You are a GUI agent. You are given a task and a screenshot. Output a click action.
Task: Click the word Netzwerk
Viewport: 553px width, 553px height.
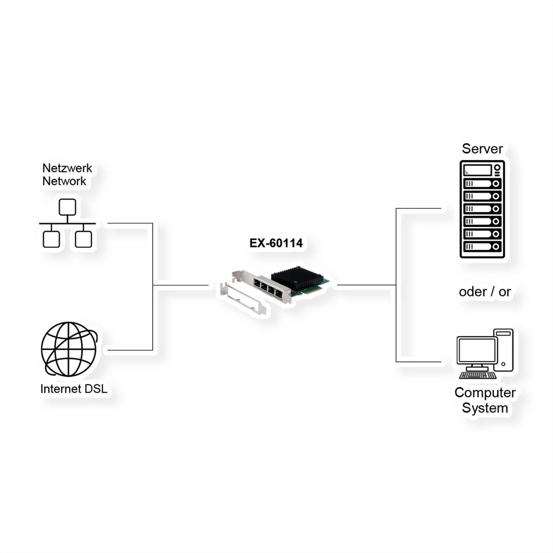tap(67, 168)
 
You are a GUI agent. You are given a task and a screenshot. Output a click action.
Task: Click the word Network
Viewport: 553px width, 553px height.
tap(64, 181)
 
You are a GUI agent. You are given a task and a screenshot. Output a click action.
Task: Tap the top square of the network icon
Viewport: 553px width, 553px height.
tap(67, 207)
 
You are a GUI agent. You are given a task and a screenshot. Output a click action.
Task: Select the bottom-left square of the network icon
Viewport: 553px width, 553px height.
tap(51, 239)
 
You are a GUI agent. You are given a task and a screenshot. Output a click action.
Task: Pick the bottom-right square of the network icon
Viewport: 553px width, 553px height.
tap(83, 239)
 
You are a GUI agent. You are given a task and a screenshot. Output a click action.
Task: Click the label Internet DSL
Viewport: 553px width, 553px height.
tap(74, 389)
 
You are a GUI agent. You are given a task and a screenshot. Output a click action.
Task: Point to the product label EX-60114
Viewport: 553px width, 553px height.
tap(276, 243)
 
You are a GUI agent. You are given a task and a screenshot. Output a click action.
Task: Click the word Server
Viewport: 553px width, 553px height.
tap(482, 149)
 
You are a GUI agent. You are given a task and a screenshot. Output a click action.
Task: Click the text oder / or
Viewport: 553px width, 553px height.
tap(485, 292)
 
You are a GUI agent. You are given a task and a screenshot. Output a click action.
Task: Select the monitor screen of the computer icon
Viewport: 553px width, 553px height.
tap(477, 351)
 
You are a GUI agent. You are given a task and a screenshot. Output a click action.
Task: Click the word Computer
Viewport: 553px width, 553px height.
tap(485, 393)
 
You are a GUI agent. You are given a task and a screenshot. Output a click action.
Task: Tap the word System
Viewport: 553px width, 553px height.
tap(485, 408)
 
